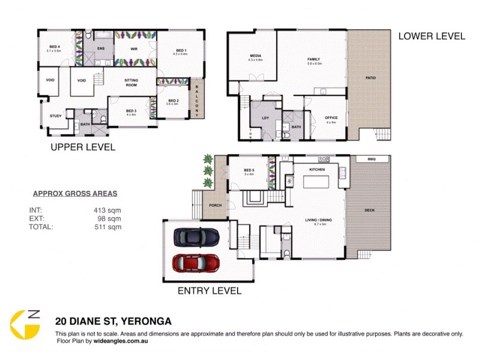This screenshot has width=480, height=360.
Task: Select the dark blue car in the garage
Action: click(196, 238)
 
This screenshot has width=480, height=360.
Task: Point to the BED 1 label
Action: click(181, 50)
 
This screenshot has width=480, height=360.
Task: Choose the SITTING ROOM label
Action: click(131, 83)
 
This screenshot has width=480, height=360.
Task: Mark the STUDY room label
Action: click(56, 116)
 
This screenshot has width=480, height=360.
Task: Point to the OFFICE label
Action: click(331, 118)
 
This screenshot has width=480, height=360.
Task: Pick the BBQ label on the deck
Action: click(370, 159)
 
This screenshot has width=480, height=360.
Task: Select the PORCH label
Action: click(215, 205)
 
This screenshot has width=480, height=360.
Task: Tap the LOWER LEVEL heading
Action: click(431, 36)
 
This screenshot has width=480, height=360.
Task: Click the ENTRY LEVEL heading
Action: click(209, 291)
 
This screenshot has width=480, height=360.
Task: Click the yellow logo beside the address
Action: click(26, 325)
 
